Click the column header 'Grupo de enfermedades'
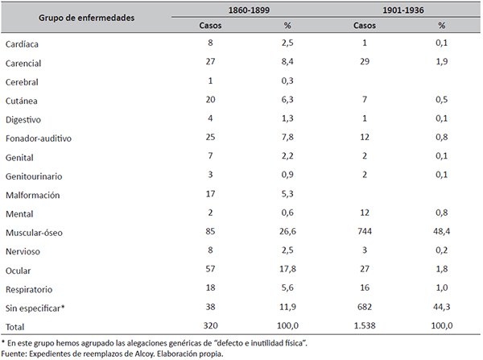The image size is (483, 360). pos(87,18)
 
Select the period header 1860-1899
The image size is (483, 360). pos(249,10)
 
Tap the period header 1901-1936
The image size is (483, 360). pos(403,10)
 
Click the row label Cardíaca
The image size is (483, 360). pos(22,44)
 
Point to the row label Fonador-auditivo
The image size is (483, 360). pos(39,139)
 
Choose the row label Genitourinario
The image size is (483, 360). pos(34,176)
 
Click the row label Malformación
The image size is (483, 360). pos(33,195)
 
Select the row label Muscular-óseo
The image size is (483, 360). pos(34,233)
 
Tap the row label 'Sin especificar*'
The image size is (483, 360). pos(35,308)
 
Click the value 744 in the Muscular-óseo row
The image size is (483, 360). pos(365,231)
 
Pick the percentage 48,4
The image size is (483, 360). pos(441,231)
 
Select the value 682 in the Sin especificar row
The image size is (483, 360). pos(365,307)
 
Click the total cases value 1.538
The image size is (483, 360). pos(365,325)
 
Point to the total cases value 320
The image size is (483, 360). pos(210,325)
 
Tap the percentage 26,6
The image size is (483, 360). pos(287,231)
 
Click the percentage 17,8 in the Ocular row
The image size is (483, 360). pos(287,269)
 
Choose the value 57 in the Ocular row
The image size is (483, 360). pos(210,269)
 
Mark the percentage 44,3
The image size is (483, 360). pos(441,307)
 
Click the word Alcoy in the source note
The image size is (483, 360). pos(144,354)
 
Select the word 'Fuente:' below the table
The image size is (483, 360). pos(14,354)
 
